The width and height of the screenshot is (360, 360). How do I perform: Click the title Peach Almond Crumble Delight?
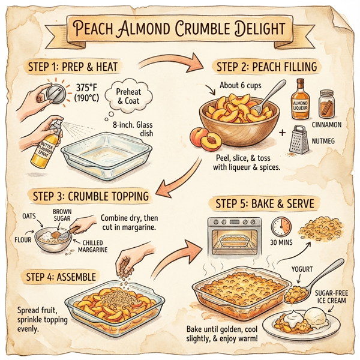point(180,29)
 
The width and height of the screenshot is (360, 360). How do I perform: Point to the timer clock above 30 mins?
point(280,227)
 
